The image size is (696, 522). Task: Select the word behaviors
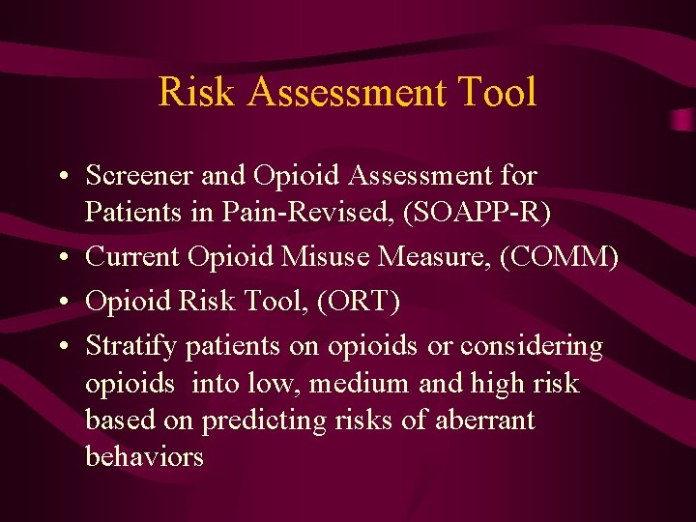[x=145, y=456]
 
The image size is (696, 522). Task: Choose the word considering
[x=532, y=345]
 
